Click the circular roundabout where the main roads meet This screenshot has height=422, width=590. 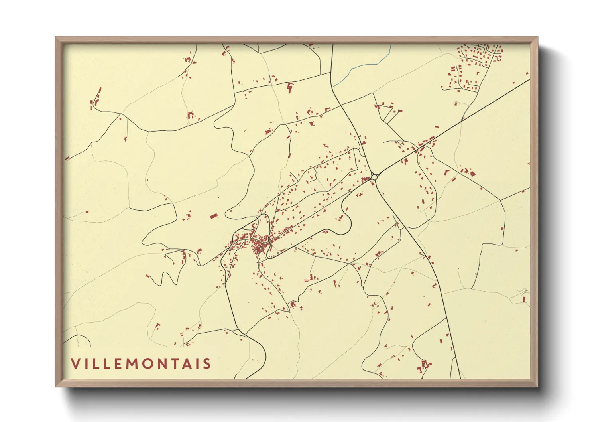374,176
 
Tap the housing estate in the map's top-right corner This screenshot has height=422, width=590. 478,56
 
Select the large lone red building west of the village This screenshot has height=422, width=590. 214,216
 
